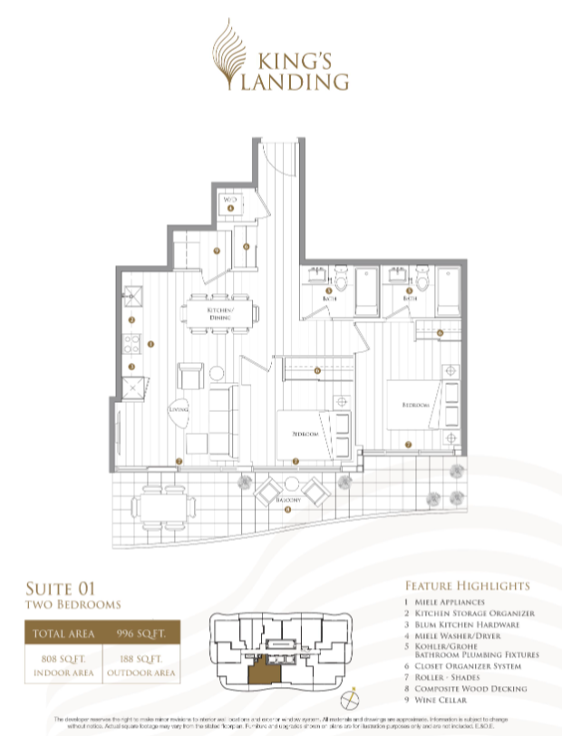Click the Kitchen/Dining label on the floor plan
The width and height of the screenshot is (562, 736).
click(x=220, y=313)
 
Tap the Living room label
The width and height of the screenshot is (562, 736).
click(x=178, y=409)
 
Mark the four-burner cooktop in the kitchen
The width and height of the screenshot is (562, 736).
click(x=131, y=343)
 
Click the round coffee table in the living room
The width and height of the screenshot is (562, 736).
click(x=218, y=373)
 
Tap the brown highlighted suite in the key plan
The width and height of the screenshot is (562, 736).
click(x=264, y=668)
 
